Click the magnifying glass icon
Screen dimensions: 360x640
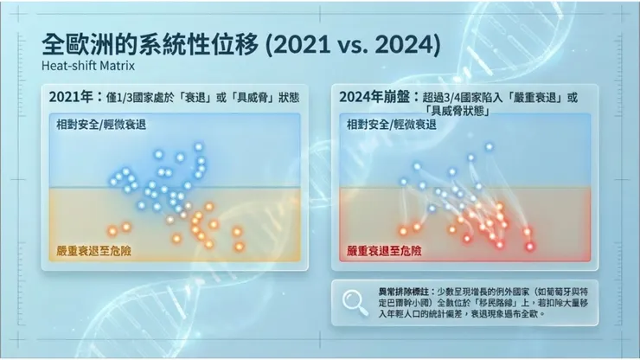[355, 300]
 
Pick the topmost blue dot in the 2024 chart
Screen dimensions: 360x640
[489, 146]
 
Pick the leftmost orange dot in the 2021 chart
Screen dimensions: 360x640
[112, 230]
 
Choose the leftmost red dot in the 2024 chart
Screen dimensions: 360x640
[402, 230]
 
